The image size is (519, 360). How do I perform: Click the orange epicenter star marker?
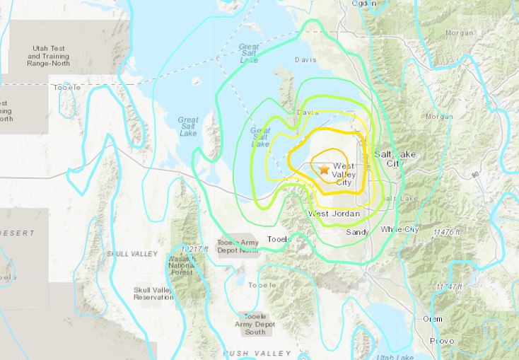click(324, 170)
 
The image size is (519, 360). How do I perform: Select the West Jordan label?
click(334, 214)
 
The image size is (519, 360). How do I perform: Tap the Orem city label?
click(432, 319)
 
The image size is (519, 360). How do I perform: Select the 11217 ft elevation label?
click(195, 250)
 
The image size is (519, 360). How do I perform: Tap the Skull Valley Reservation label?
click(153, 294)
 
